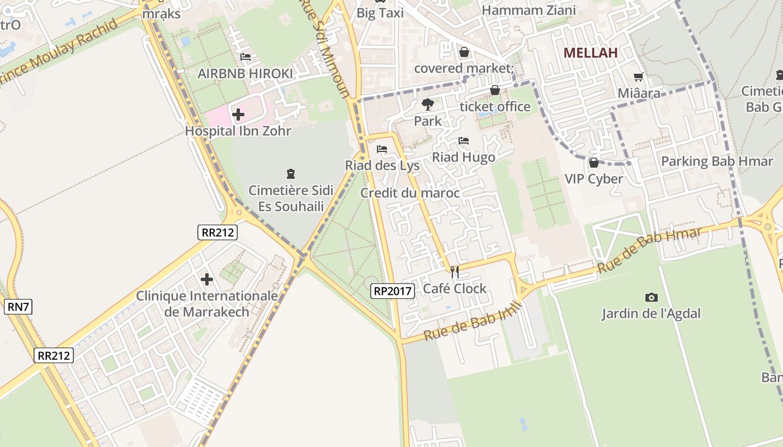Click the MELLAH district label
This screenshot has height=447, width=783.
click(x=590, y=53)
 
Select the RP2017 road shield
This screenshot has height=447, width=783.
click(x=392, y=291)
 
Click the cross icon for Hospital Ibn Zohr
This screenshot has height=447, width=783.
click(x=238, y=115)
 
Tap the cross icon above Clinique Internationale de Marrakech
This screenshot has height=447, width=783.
click(x=207, y=279)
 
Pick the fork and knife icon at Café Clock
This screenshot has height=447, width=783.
click(x=455, y=272)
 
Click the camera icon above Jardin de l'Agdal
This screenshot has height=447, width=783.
click(x=651, y=297)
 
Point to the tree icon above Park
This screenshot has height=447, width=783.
click(x=427, y=104)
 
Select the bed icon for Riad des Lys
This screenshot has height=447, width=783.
click(x=382, y=149)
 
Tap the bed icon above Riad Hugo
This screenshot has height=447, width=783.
click(x=463, y=141)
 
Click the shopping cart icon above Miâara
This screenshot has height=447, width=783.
click(x=638, y=77)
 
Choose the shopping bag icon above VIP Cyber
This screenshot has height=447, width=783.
click(x=593, y=163)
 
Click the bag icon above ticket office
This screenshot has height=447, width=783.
click(x=494, y=90)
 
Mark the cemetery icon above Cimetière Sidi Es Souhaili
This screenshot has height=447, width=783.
click(x=290, y=174)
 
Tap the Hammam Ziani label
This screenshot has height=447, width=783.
click(x=529, y=10)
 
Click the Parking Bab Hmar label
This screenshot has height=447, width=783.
click(x=716, y=161)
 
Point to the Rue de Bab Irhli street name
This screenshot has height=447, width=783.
click(x=473, y=321)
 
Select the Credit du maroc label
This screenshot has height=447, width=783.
click(x=410, y=193)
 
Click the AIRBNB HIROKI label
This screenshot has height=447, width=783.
click(x=245, y=74)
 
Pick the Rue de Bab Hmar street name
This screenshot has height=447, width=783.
click(x=649, y=251)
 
